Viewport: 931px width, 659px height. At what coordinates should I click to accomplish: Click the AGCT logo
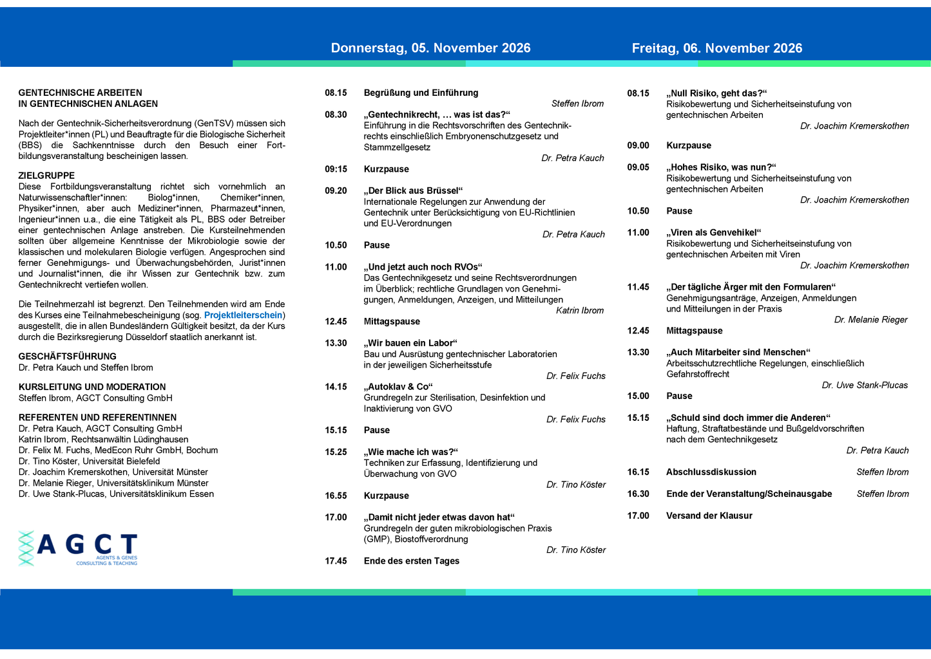[x=79, y=548]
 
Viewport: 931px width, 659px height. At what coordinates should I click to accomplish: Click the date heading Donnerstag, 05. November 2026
[x=430, y=48]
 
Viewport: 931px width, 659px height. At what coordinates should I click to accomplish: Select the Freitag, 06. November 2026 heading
[x=716, y=48]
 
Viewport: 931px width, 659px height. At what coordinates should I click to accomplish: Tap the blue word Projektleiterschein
[x=243, y=315]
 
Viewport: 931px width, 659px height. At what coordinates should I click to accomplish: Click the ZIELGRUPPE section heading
[x=46, y=176]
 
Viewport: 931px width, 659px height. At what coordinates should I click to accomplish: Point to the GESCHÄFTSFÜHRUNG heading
[x=68, y=357]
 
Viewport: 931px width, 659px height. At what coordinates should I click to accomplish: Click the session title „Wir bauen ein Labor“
[x=410, y=343]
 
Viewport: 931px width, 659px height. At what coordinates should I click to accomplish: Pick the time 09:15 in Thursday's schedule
[x=336, y=169]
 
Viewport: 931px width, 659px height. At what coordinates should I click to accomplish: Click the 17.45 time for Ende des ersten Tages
[x=336, y=561]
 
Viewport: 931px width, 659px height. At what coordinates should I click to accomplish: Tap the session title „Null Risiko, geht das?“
[x=716, y=93]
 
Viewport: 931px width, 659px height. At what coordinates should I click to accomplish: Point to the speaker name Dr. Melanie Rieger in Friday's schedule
[x=870, y=320]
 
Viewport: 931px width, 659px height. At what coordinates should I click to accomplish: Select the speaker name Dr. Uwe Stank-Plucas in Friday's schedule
[x=865, y=385]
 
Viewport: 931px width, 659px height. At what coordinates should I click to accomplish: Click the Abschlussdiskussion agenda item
[x=711, y=472]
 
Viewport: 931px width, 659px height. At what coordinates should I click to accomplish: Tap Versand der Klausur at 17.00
[x=709, y=515]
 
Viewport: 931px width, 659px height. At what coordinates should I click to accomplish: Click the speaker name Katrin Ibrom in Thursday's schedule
[x=580, y=311]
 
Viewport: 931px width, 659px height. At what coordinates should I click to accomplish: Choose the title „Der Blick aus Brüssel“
[x=413, y=190]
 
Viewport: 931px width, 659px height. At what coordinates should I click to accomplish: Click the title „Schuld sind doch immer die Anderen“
[x=748, y=418]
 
